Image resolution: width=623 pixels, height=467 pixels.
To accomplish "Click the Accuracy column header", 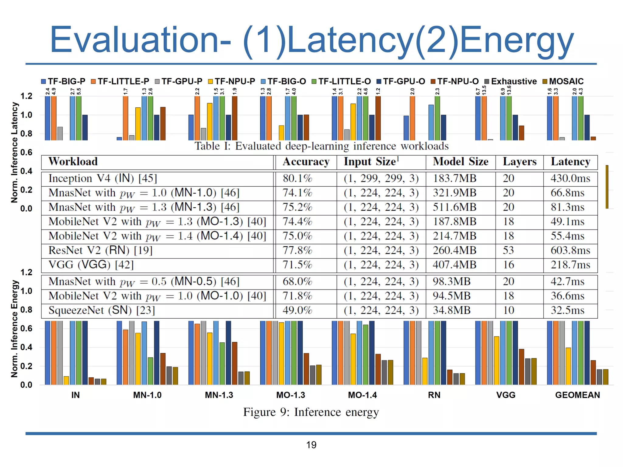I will coord(306,162).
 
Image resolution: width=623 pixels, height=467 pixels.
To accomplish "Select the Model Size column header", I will coord(460,162).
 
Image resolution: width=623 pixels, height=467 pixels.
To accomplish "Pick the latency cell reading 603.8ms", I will coord(570,251).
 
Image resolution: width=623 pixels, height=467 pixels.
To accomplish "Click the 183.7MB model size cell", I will coord(454,178).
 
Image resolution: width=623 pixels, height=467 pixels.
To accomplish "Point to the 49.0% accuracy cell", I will coord(297,310).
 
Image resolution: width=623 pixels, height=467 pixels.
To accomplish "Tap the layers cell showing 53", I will coord(508,251).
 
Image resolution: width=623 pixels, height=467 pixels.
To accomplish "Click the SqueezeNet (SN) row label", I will coord(102,310).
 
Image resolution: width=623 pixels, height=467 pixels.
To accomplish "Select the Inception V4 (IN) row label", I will coord(103,178).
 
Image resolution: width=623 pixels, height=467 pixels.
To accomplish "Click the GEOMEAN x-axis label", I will coord(577,395).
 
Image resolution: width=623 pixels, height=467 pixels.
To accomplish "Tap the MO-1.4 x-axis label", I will coord(362,395).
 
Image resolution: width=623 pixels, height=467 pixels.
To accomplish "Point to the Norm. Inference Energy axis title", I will coord(14,329).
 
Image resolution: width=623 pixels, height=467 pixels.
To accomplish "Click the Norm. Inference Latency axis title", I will coord(14,152).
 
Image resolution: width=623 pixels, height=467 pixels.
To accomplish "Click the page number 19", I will coord(311,445).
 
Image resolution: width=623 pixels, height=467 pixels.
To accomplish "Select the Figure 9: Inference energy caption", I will coord(311,412).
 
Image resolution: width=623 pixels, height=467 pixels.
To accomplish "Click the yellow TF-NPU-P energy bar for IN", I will coord(66,380).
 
